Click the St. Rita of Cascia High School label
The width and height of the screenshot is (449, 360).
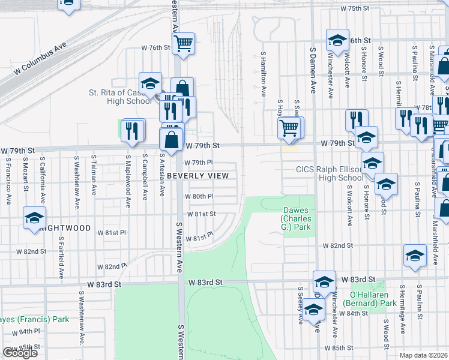(120, 97)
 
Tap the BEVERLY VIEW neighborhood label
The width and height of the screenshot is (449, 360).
(197, 175)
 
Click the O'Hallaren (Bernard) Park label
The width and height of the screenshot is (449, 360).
(373, 299)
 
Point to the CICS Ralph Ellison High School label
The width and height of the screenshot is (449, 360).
(329, 173)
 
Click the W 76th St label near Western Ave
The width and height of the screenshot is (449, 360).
(152, 47)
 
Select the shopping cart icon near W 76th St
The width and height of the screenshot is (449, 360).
(183, 43)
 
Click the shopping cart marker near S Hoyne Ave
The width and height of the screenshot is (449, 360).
(289, 128)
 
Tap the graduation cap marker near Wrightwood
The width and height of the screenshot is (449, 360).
(34, 218)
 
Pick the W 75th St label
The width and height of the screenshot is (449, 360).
(354, 8)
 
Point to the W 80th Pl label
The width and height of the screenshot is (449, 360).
(199, 196)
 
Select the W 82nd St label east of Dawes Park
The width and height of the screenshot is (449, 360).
(336, 245)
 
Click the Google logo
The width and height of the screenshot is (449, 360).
(19, 353)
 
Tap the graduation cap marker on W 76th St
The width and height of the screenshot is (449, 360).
(337, 41)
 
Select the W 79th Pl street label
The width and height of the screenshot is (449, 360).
(199, 163)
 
